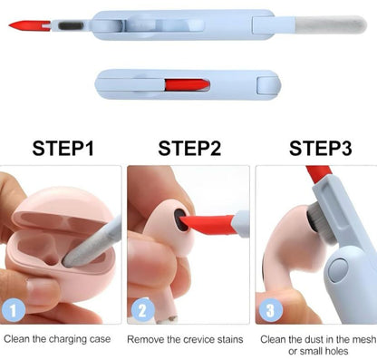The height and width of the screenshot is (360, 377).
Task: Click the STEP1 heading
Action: [63, 148]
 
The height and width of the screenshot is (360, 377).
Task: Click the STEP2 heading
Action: [189, 148]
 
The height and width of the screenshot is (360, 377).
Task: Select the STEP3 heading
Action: [321, 148]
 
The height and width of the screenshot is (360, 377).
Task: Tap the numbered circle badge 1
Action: [14, 310]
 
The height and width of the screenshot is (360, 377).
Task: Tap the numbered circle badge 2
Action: [142, 310]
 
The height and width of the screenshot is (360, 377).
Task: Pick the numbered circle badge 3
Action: [271, 310]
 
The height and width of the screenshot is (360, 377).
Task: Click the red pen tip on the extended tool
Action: [29, 25]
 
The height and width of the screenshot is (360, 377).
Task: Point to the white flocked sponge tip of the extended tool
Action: [331, 24]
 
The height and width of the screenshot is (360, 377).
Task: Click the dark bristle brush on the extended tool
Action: [71, 26]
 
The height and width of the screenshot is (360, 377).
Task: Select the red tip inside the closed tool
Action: [188, 85]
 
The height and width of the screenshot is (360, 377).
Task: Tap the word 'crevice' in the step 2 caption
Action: [196, 339]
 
